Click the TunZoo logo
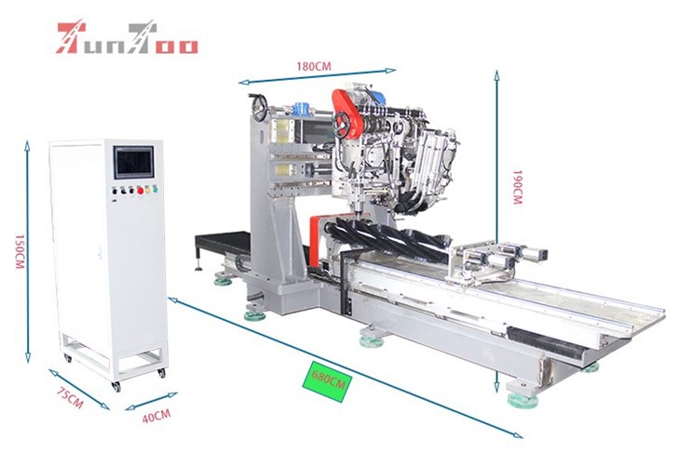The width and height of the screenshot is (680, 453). [128, 38]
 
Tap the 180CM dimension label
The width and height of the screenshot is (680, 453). [314, 66]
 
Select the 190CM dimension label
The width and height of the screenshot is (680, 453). [517, 186]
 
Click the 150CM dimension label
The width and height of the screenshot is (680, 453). [20, 251]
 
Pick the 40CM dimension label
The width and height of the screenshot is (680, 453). [156, 416]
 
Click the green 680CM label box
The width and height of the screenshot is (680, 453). [327, 380]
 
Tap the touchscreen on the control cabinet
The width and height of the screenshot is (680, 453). [133, 162]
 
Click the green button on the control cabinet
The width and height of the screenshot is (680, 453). [155, 189]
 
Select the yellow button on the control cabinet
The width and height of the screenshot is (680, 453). [147, 189]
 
